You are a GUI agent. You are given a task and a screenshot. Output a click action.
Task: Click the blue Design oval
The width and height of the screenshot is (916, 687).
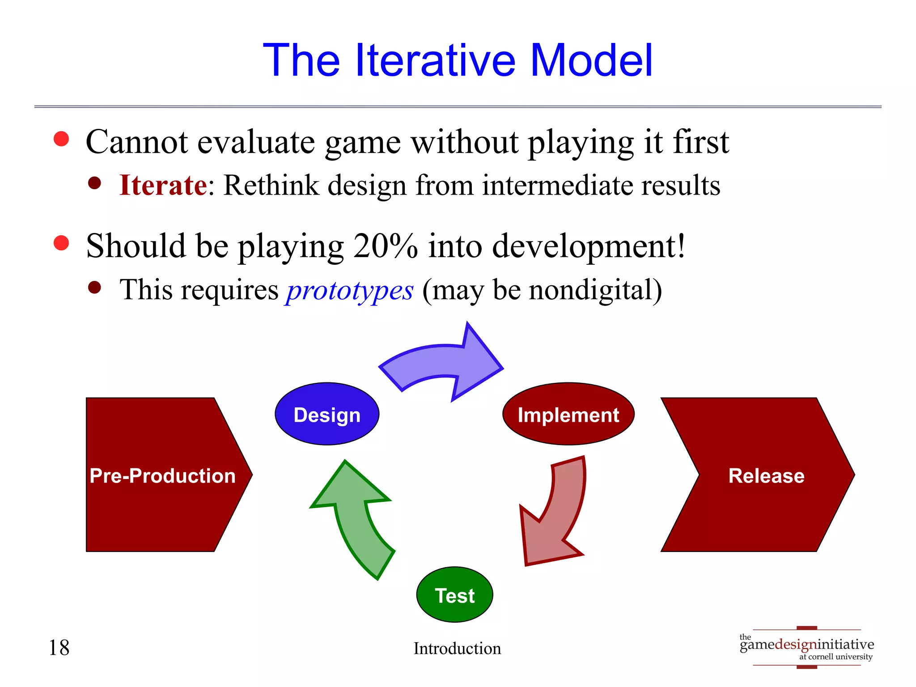[327, 414]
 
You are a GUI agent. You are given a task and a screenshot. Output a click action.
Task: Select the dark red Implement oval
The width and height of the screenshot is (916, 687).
[568, 414]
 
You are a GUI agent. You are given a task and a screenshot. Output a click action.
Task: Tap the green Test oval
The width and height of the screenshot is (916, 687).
[454, 594]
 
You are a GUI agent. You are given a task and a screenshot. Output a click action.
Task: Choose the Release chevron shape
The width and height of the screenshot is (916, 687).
[766, 475]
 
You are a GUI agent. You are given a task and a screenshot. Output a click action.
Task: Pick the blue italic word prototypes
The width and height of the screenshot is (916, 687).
[350, 290]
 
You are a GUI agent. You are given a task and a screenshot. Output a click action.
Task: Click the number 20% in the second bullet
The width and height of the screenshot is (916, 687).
[385, 246]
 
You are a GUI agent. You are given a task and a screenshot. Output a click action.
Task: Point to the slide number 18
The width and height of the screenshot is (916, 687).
[59, 648]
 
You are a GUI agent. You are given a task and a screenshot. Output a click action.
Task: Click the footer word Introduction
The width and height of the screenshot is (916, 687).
[457, 649]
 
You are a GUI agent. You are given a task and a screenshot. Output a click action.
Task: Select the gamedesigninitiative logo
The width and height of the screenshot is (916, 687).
[806, 647]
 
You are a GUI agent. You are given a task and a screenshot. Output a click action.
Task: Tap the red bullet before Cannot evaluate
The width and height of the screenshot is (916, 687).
[61, 139]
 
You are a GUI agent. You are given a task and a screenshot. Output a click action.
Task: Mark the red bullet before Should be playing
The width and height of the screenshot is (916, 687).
[61, 243]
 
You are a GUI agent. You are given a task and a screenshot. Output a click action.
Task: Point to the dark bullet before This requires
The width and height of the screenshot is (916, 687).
[94, 287]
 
